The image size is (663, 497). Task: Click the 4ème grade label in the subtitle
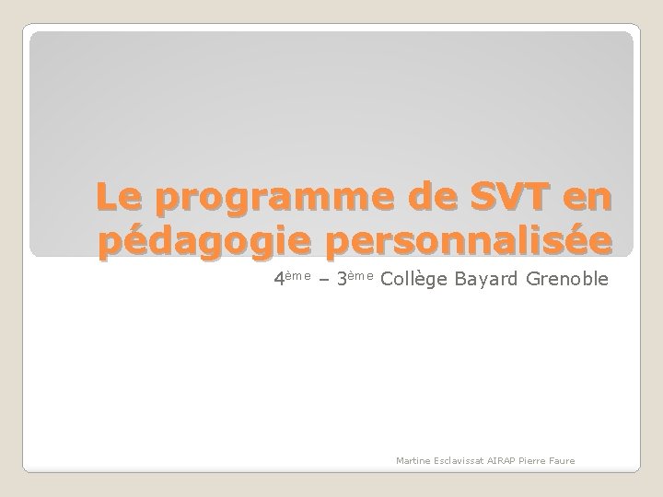(291, 279)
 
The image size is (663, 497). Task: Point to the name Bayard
(486, 279)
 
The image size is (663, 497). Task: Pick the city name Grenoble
(568, 278)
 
